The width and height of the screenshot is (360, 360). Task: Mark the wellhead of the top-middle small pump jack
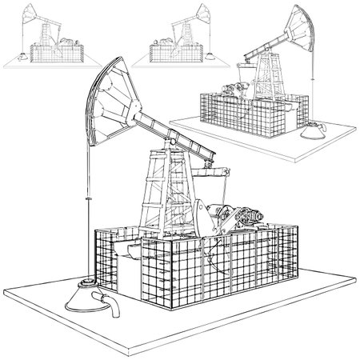206,56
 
